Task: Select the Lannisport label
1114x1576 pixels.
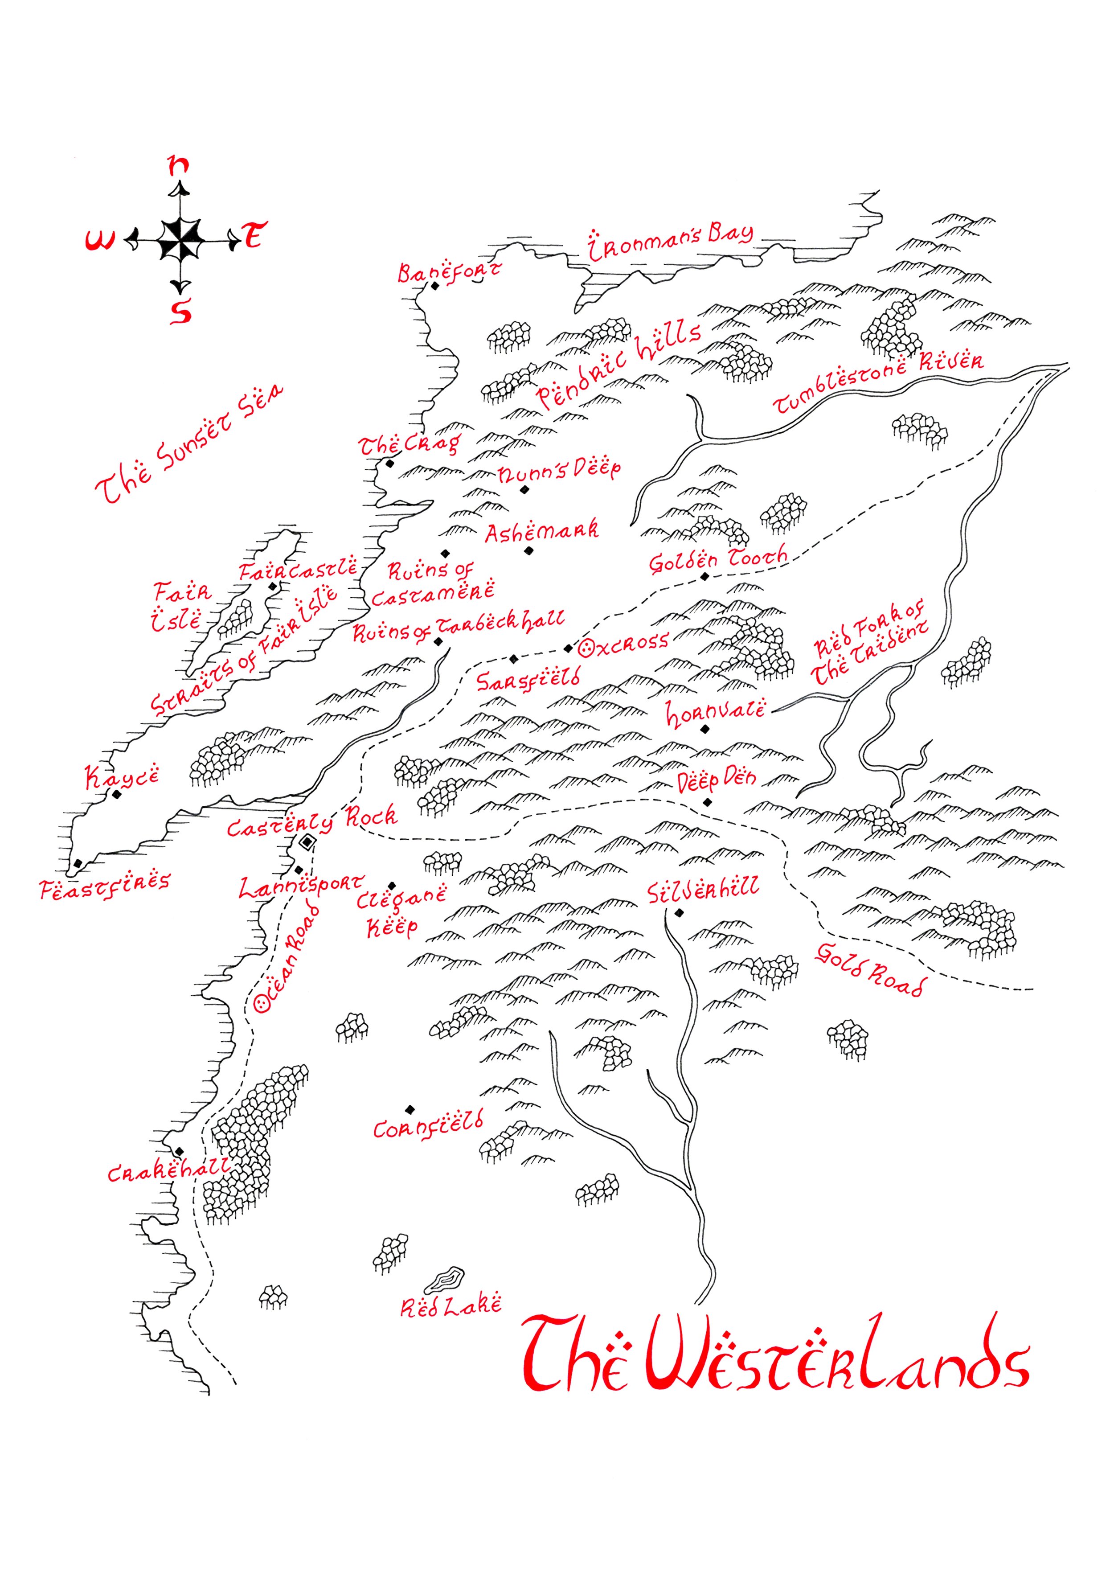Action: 301,886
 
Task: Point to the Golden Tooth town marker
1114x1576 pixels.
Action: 704,577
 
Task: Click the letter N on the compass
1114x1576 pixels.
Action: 179,165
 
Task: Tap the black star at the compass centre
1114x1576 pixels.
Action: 180,240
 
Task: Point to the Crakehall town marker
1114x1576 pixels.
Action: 179,1151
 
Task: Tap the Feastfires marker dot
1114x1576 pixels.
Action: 78,863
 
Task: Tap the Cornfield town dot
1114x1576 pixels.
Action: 410,1109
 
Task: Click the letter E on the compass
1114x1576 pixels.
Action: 254,236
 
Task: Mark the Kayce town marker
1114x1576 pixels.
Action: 117,794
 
